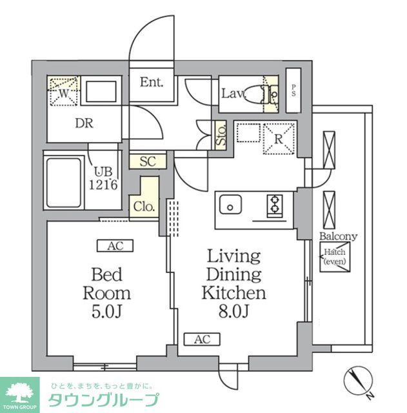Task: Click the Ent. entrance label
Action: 152,83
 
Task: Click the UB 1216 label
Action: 103,179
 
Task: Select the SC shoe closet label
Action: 148,161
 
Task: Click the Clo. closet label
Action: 144,207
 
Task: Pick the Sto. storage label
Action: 220,135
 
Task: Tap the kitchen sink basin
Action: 230,207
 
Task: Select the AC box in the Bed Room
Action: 115,245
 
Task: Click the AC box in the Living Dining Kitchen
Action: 202,339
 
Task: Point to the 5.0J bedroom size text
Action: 106,312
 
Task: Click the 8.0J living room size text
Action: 233,312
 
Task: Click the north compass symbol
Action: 357,381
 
